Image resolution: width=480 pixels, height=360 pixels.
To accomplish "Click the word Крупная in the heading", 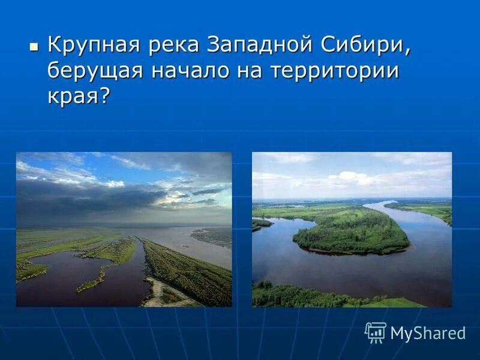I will (x=93, y=46).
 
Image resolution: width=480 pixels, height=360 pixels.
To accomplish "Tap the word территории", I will (x=334, y=71).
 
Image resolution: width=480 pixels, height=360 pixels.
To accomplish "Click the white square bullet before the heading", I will (x=33, y=46).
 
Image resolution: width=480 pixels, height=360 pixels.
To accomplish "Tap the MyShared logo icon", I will (x=376, y=332).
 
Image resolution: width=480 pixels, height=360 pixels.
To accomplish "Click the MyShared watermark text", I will (x=428, y=333).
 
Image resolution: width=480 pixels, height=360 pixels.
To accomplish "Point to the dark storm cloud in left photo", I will (x=90, y=198).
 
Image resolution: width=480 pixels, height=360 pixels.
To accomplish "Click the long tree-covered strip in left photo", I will (x=186, y=270).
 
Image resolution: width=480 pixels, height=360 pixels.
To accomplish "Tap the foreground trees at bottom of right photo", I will (x=300, y=296).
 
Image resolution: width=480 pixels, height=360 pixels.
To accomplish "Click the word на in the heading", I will (x=246, y=71).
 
